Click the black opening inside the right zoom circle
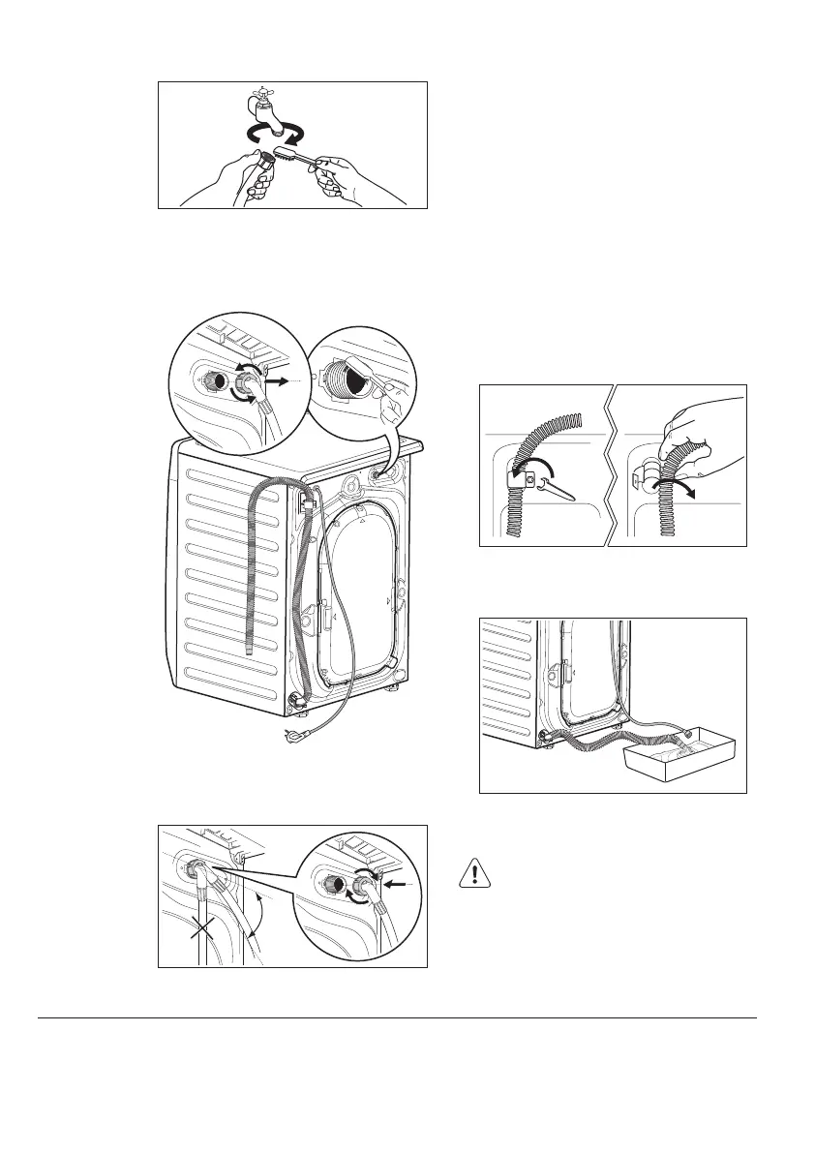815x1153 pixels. pyautogui.click(x=356, y=383)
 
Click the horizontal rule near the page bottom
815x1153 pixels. pyautogui.click(x=397, y=1017)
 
